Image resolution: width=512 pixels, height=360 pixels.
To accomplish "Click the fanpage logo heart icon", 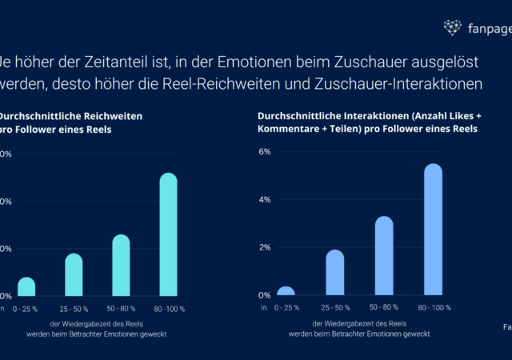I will point(452,28).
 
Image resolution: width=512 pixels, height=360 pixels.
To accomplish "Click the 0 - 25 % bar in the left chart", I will point(26,287).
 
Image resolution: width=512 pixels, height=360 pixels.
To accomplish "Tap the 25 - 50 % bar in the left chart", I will point(74,275).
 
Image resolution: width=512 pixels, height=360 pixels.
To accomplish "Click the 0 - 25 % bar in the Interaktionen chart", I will point(286,291).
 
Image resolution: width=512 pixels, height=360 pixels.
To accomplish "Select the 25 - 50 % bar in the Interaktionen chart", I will point(335,273).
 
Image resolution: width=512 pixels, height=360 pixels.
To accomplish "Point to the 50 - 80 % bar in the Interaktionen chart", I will point(384,256).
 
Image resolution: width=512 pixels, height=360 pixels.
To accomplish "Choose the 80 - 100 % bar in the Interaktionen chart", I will point(433,230).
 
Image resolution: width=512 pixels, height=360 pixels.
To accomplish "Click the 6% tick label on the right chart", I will point(263,151).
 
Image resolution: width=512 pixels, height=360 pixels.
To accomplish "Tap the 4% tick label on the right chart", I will point(263,199).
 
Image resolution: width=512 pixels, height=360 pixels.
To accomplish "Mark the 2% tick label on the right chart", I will point(263,247).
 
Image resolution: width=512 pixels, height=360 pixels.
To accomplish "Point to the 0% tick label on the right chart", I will point(263,295).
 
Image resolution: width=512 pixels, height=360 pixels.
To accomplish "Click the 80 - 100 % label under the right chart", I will point(433,307).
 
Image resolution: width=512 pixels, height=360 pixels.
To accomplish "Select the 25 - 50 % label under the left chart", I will point(74,307).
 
